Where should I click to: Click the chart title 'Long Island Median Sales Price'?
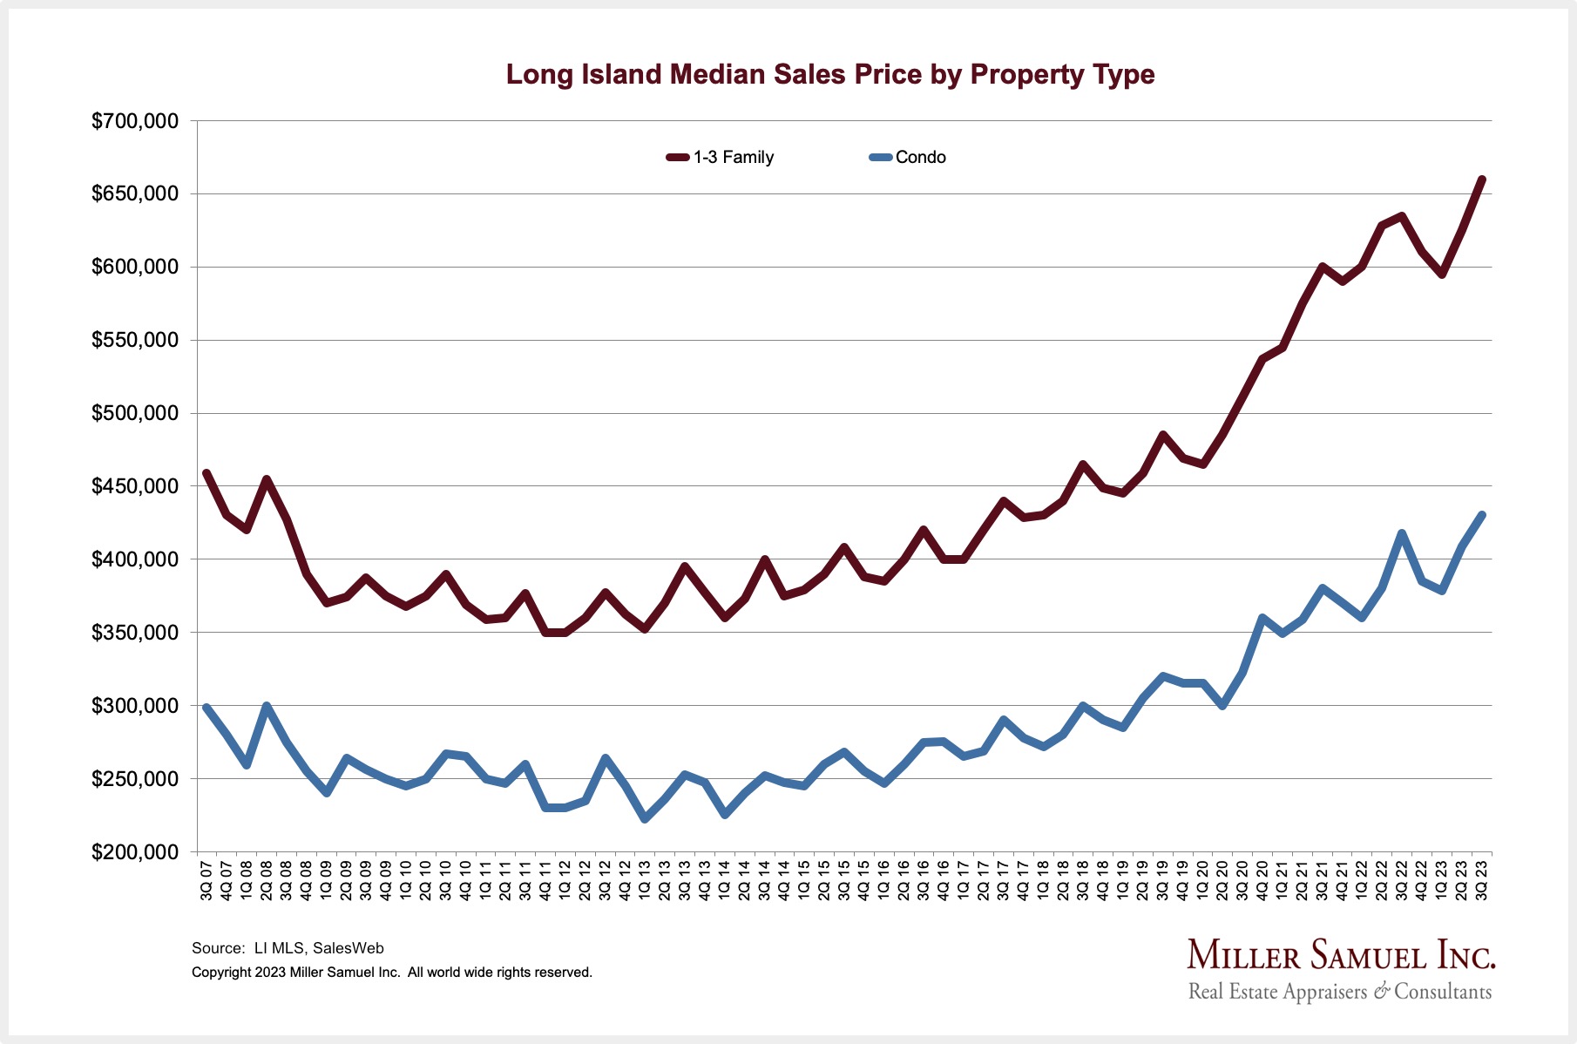pos(829,74)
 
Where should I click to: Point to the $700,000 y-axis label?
pos(135,121)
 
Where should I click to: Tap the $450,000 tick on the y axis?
pos(135,486)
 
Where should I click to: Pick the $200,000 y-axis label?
pos(135,852)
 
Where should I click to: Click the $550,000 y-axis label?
pos(135,340)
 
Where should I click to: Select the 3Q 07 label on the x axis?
pos(206,881)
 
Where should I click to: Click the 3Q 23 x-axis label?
pos(1481,881)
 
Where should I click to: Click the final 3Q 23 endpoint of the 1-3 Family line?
pos(1481,180)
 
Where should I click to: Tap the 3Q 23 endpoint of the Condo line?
pos(1481,515)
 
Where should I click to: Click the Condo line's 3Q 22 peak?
pos(1402,532)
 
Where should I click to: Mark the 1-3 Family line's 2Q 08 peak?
pos(267,478)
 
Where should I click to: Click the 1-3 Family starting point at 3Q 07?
pos(206,473)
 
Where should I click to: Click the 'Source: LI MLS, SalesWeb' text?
pos(288,948)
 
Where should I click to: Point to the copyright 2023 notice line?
pos(392,973)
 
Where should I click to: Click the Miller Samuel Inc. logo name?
pos(1341,955)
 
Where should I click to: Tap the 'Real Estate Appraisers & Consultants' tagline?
pos(1340,992)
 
